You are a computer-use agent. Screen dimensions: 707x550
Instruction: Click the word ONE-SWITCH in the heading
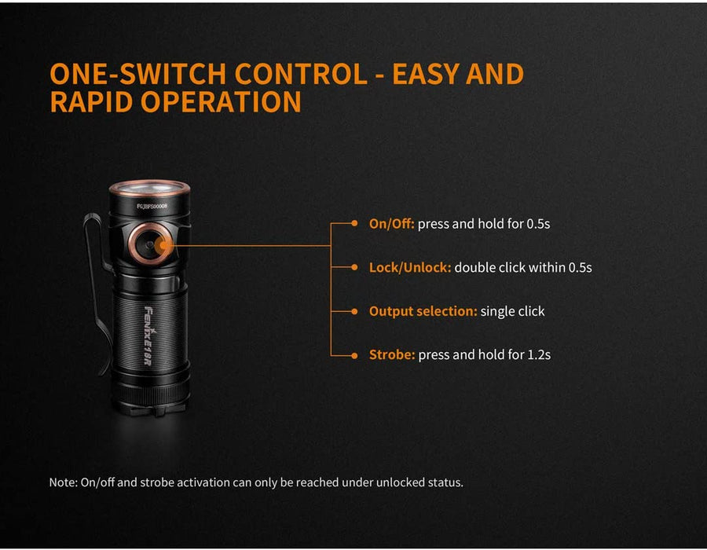138,74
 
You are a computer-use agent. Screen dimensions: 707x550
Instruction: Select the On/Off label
391,224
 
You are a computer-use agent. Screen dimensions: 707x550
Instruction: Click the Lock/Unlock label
410,267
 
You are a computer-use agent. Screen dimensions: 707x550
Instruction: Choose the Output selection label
423,311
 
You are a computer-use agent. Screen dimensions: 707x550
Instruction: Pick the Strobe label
392,355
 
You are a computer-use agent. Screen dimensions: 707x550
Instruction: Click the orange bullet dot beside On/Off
354,223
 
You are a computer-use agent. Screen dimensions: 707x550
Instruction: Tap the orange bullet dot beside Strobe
354,356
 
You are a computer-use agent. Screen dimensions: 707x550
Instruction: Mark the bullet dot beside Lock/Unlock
354,267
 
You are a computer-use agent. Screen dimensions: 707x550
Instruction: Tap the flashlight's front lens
149,188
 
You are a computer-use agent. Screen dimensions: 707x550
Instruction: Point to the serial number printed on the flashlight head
152,206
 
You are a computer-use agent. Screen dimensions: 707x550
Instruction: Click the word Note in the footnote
63,482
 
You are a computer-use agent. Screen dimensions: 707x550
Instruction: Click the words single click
513,311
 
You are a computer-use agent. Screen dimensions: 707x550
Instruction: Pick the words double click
490,267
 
